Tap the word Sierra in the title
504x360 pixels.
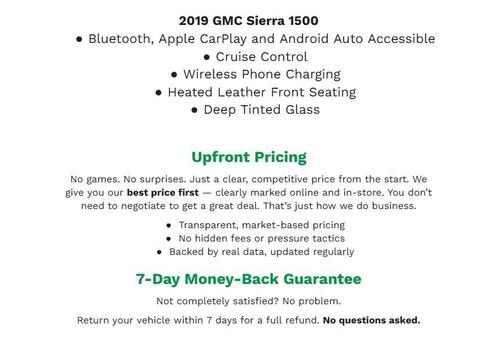(x=271, y=20)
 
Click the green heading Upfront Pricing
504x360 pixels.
(x=249, y=157)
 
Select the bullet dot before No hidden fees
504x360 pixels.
(x=169, y=240)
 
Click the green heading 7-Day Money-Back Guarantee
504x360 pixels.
(x=249, y=279)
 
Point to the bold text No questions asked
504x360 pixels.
(x=372, y=321)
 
